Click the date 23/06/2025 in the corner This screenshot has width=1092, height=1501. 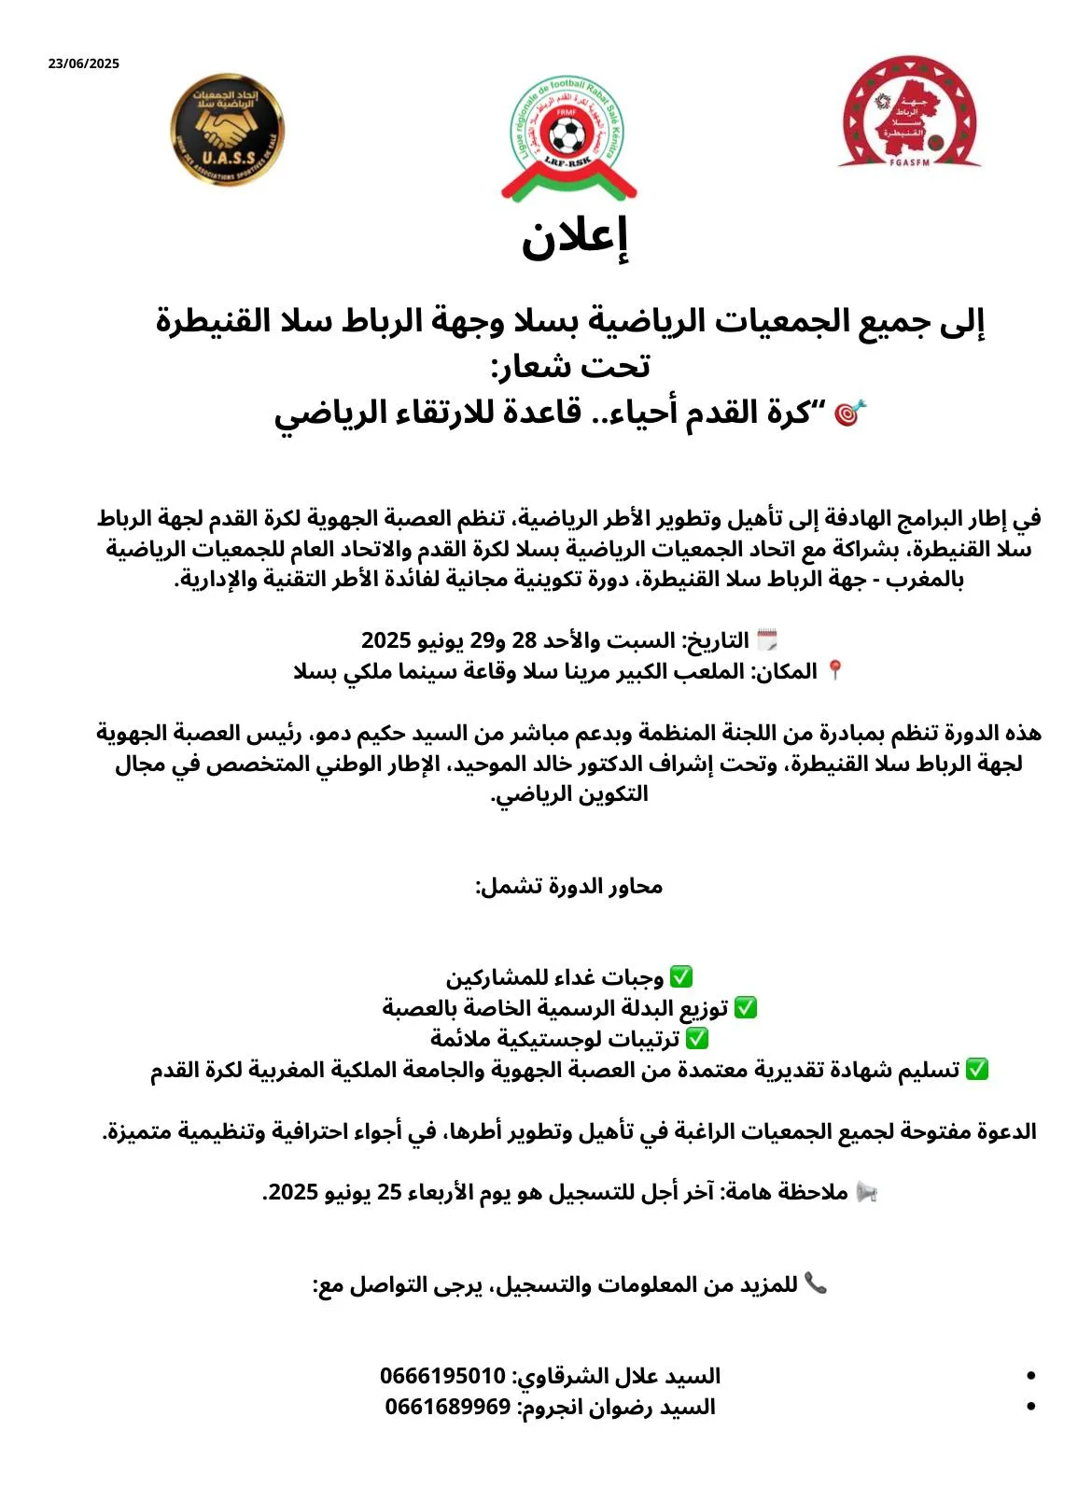click(84, 63)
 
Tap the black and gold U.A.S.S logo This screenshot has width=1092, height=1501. click(228, 130)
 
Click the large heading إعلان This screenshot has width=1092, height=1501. click(575, 239)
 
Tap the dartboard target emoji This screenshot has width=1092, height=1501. click(849, 413)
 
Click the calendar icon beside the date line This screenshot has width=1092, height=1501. click(767, 640)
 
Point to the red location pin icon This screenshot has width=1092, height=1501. click(835, 671)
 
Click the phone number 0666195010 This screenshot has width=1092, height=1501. click(442, 1376)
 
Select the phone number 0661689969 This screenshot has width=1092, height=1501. click(448, 1407)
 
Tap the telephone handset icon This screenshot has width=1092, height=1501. click(816, 1284)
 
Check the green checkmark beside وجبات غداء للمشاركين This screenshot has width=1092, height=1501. click(681, 977)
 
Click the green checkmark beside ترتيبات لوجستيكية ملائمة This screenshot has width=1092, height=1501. click(697, 1038)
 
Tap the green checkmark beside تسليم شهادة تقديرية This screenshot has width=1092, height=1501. click(977, 1069)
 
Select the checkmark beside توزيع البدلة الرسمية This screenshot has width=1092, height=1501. click(745, 1008)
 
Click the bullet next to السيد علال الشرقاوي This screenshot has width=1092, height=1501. click(1030, 1376)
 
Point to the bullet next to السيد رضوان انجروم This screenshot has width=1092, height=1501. click(1030, 1407)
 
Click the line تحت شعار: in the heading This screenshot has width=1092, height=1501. click(570, 366)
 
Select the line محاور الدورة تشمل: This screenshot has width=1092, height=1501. click(569, 886)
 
